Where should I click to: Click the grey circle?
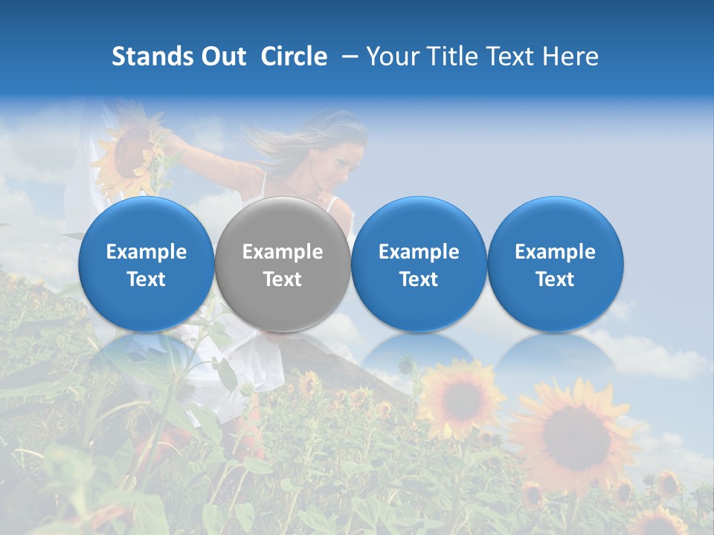click(283, 265)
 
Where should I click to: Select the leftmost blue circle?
click(147, 265)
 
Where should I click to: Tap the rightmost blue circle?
click(555, 265)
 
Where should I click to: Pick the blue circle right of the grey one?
click(419, 265)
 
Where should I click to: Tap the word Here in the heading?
click(570, 56)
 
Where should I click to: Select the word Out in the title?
click(223, 56)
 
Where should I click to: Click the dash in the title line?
click(347, 57)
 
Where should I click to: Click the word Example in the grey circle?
click(283, 252)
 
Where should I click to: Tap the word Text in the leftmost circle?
click(147, 279)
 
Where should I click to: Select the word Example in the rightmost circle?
click(555, 252)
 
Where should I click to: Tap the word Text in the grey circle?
click(283, 279)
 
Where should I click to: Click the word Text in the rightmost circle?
click(555, 279)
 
